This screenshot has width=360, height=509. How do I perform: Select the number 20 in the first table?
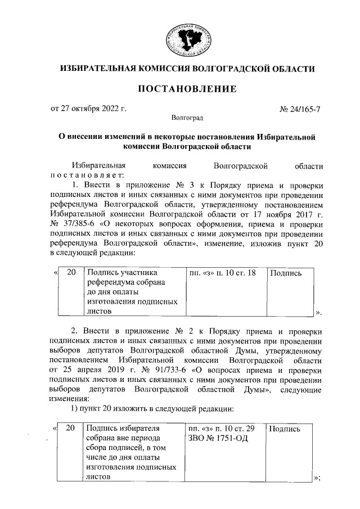click(x=71, y=273)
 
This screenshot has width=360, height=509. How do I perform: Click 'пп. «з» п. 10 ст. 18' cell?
click(x=223, y=273)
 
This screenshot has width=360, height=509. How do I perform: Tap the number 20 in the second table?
click(x=71, y=429)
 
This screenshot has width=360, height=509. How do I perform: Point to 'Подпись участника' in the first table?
click(x=121, y=273)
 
